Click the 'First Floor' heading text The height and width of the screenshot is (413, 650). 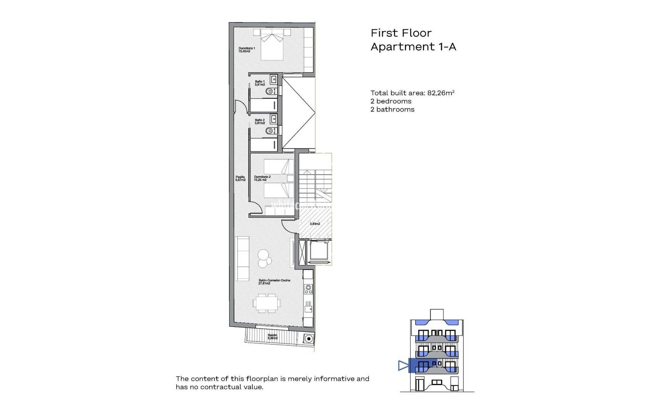pyautogui.click(x=401, y=33)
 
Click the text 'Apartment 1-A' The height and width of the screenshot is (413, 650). pyautogui.click(x=413, y=47)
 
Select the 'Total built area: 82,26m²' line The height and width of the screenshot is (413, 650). pyautogui.click(x=412, y=93)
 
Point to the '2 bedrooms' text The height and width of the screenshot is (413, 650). pyautogui.click(x=391, y=101)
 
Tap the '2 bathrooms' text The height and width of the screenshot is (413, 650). pyautogui.click(x=392, y=109)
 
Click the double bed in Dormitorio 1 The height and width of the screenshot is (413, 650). pyautogui.click(x=272, y=46)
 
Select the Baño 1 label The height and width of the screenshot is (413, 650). pyautogui.click(x=260, y=83)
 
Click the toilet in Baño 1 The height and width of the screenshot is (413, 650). pyautogui.click(x=271, y=91)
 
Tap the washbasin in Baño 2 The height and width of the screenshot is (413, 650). pyautogui.click(x=273, y=119)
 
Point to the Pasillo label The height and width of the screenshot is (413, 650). pyautogui.click(x=240, y=178)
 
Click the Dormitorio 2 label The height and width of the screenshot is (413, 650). pyautogui.click(x=262, y=178)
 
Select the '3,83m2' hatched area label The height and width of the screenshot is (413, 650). pyautogui.click(x=315, y=224)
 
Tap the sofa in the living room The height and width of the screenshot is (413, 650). pyautogui.click(x=242, y=258)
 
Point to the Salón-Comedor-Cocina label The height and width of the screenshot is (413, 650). pyautogui.click(x=274, y=282)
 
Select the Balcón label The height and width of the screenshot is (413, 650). pyautogui.click(x=272, y=337)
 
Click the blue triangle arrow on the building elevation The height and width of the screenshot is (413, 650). pyautogui.click(x=403, y=366)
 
